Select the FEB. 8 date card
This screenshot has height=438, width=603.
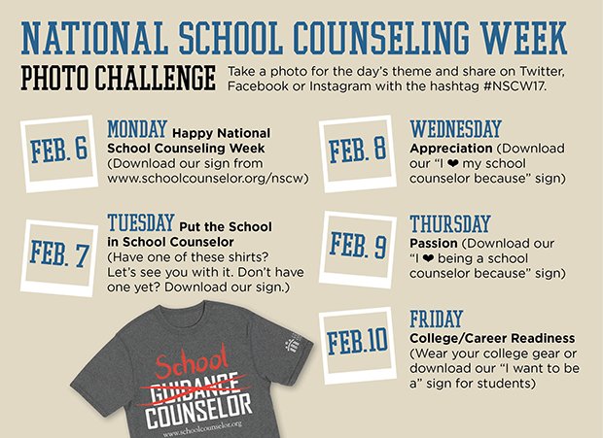(357, 151)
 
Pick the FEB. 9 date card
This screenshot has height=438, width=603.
(357, 244)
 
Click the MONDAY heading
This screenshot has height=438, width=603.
(137, 129)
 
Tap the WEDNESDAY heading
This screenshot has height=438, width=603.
(455, 129)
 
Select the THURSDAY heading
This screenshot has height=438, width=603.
(450, 224)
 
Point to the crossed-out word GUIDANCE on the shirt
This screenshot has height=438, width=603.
(196, 385)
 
